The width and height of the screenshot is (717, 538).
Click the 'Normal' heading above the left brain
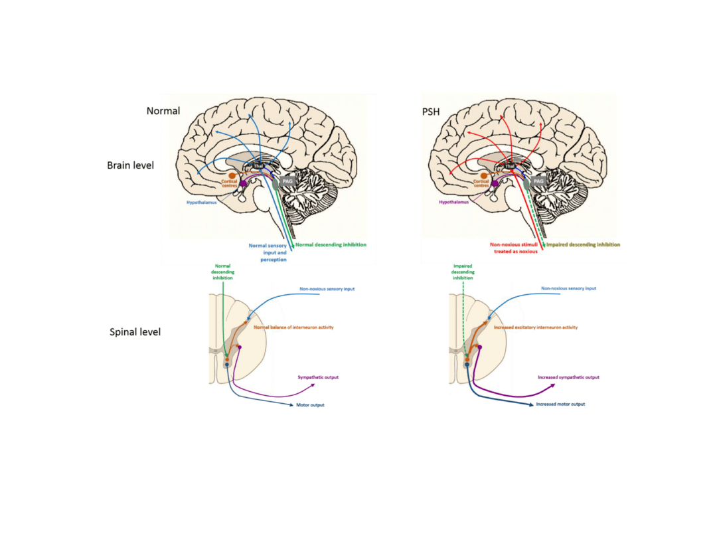[163, 111]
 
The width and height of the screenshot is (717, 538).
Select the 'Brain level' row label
[130, 165]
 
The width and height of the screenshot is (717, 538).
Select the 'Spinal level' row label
[134, 330]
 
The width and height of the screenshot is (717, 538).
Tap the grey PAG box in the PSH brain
[538, 180]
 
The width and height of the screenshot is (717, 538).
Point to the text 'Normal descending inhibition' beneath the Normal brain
[330, 244]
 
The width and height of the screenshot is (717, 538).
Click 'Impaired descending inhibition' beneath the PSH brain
[582, 244]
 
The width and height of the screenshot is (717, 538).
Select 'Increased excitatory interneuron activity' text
[535, 327]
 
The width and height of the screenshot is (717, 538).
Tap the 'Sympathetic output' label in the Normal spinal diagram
[318, 377]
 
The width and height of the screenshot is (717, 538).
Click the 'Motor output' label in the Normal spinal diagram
[310, 404]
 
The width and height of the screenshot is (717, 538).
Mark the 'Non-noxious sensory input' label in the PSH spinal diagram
[568, 288]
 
